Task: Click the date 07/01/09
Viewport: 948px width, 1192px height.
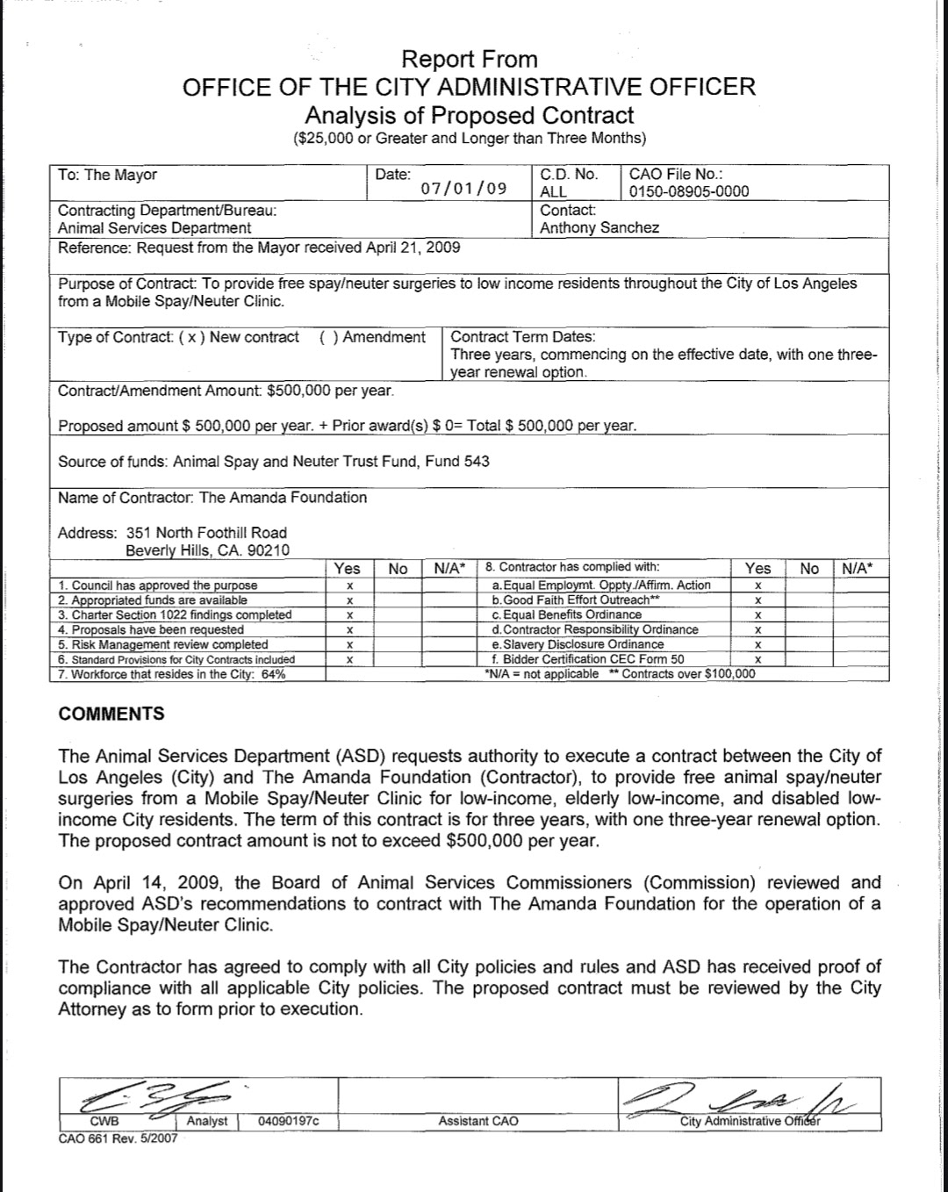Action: (x=463, y=189)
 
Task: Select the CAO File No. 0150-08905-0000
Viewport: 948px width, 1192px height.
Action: (x=689, y=191)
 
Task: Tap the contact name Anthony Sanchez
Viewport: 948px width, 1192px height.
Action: (x=600, y=227)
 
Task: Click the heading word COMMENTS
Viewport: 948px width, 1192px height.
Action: (x=111, y=714)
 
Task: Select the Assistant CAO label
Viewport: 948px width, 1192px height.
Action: (x=478, y=1121)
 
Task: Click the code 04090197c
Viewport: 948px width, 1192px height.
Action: (x=289, y=1121)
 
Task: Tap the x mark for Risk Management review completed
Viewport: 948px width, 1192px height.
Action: (x=349, y=644)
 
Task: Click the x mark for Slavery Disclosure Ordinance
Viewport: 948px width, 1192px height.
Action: (x=758, y=644)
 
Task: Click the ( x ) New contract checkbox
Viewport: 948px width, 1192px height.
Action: (x=192, y=337)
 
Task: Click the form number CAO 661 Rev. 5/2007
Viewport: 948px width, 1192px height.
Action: (x=118, y=1138)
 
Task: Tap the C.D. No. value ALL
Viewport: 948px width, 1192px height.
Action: (x=553, y=191)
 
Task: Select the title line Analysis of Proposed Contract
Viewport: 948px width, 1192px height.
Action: (x=469, y=115)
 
